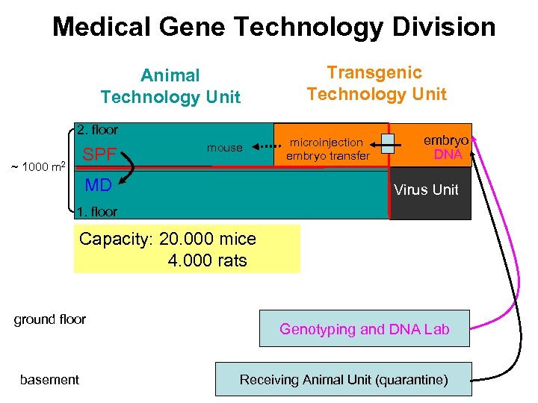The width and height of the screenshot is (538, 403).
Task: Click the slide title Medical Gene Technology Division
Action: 273,28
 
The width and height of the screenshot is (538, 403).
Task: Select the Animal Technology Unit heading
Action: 170,86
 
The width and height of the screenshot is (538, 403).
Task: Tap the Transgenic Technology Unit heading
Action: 376,83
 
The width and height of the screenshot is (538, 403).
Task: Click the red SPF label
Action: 99,155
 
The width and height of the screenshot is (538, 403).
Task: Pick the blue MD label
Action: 98,185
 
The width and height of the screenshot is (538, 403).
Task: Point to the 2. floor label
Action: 97,130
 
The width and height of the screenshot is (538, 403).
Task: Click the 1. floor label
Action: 97,212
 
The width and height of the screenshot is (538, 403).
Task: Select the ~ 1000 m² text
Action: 37,165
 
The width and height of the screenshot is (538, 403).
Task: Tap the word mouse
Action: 224,148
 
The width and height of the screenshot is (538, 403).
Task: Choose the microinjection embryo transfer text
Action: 329,149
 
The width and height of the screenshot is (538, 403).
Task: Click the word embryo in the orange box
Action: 446,140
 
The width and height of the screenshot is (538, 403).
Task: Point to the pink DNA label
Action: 448,154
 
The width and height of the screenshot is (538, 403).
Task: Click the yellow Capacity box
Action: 187,249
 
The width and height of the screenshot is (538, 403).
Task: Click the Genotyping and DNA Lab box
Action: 364,328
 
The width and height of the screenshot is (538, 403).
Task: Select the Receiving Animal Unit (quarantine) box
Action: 344,379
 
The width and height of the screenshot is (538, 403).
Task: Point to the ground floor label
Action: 50,319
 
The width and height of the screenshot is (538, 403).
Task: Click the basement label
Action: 49,379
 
